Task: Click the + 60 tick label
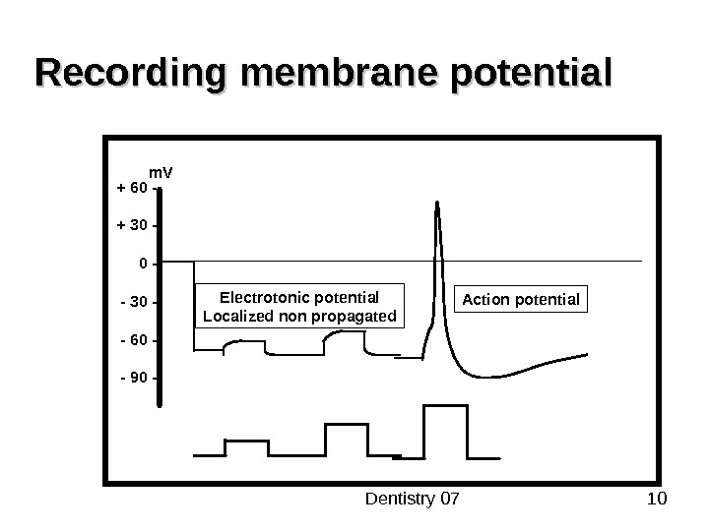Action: point(132,187)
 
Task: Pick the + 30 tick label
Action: point(132,225)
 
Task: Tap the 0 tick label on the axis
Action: point(143,264)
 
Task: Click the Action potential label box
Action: point(522,298)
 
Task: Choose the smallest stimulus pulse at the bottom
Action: point(246,447)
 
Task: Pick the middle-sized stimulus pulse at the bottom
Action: point(343,439)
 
